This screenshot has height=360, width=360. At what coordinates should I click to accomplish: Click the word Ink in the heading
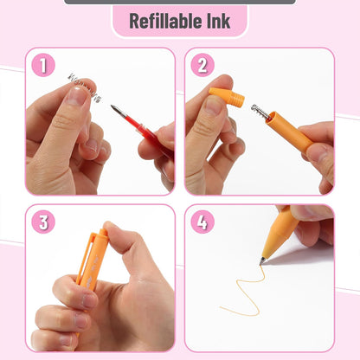pyautogui.click(x=217, y=21)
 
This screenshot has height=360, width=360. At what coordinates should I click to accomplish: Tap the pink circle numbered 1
pyautogui.click(x=43, y=65)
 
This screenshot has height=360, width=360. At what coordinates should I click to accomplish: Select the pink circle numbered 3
pyautogui.click(x=43, y=222)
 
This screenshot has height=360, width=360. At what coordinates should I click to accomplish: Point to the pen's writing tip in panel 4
pyautogui.click(x=262, y=260)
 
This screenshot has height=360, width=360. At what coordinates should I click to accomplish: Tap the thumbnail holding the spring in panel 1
pyautogui.click(x=77, y=95)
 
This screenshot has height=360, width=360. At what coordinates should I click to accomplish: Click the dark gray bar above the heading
pyautogui.click(x=179, y=2)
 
